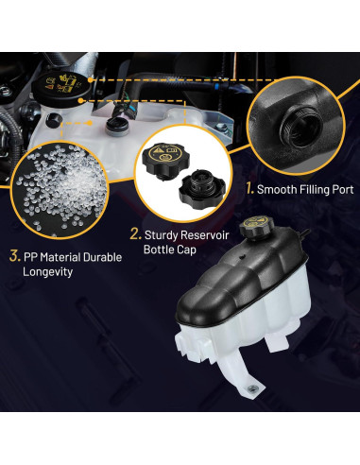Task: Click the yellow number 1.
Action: coord(249,188)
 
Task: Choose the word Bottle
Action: coord(160,250)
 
